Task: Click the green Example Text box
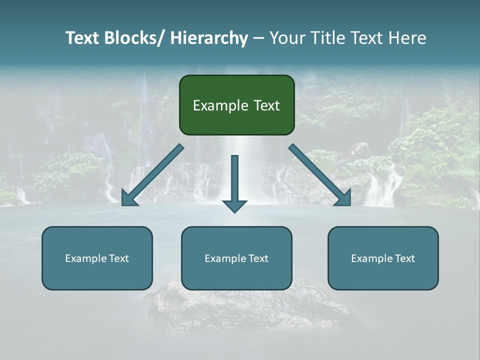click(x=236, y=105)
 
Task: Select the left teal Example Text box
click(x=97, y=258)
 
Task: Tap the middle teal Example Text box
click(x=236, y=258)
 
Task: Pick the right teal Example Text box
click(x=383, y=258)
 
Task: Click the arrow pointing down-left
click(x=152, y=175)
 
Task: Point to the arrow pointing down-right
click(x=320, y=175)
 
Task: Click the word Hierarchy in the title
click(x=209, y=38)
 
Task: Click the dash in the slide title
click(x=258, y=38)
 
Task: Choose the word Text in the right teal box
click(x=404, y=258)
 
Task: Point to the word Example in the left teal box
click(x=85, y=258)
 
